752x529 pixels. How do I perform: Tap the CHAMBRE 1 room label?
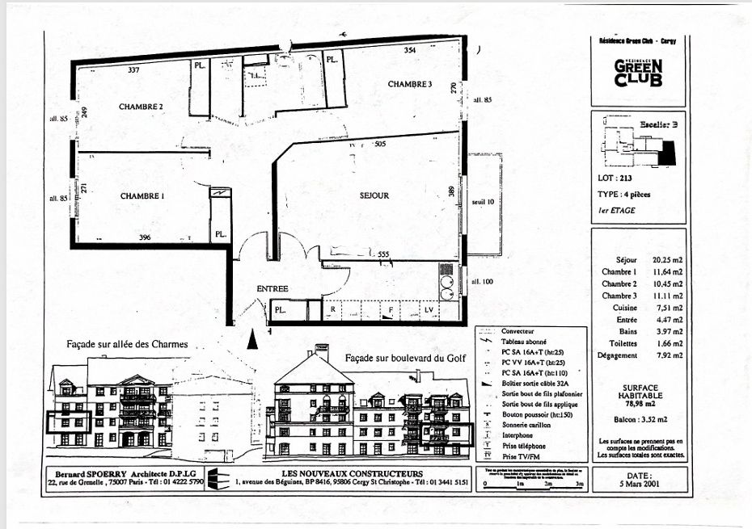click(142, 196)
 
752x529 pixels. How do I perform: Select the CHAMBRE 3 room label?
click(410, 85)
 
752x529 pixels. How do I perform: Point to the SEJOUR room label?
click(374, 195)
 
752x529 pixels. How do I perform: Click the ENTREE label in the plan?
click(272, 288)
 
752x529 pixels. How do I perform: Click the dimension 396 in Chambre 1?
click(146, 237)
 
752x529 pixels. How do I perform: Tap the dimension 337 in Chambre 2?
click(133, 71)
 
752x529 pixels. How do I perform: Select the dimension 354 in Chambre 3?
click(410, 51)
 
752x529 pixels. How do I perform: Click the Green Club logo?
click(638, 73)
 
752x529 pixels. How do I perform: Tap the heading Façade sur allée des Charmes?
click(127, 344)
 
